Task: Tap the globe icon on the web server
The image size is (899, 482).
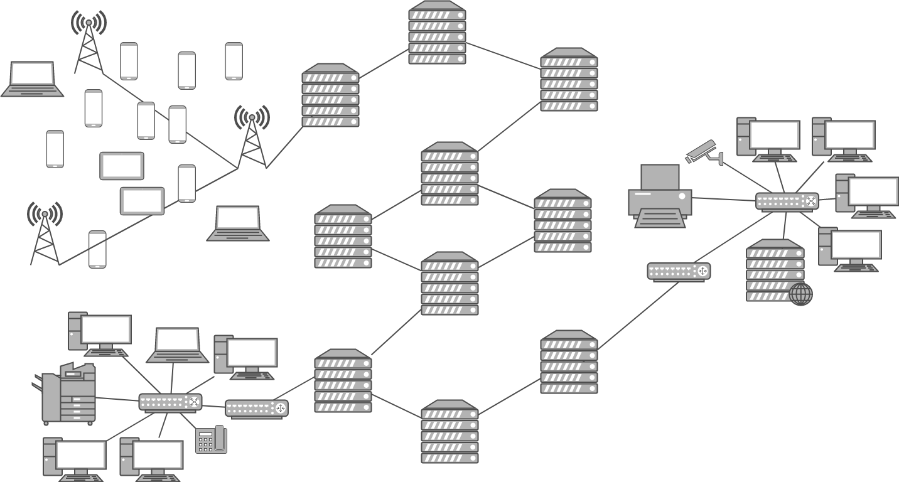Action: (x=800, y=294)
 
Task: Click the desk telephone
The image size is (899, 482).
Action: (x=211, y=439)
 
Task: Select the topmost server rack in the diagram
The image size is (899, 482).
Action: (x=437, y=33)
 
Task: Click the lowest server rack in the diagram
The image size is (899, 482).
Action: (x=449, y=432)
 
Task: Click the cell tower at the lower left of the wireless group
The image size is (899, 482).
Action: (x=45, y=233)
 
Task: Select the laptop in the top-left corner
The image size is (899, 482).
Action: (x=32, y=79)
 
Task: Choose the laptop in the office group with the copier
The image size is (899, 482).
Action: (x=178, y=345)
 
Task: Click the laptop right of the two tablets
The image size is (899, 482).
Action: (x=238, y=223)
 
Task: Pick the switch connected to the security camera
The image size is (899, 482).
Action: (x=787, y=201)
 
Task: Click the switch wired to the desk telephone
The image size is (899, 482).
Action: (x=170, y=402)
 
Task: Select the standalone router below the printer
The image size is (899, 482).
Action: (x=679, y=271)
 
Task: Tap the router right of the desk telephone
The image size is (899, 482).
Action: (x=256, y=409)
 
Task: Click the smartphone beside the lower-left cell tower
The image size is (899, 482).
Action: (x=97, y=249)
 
